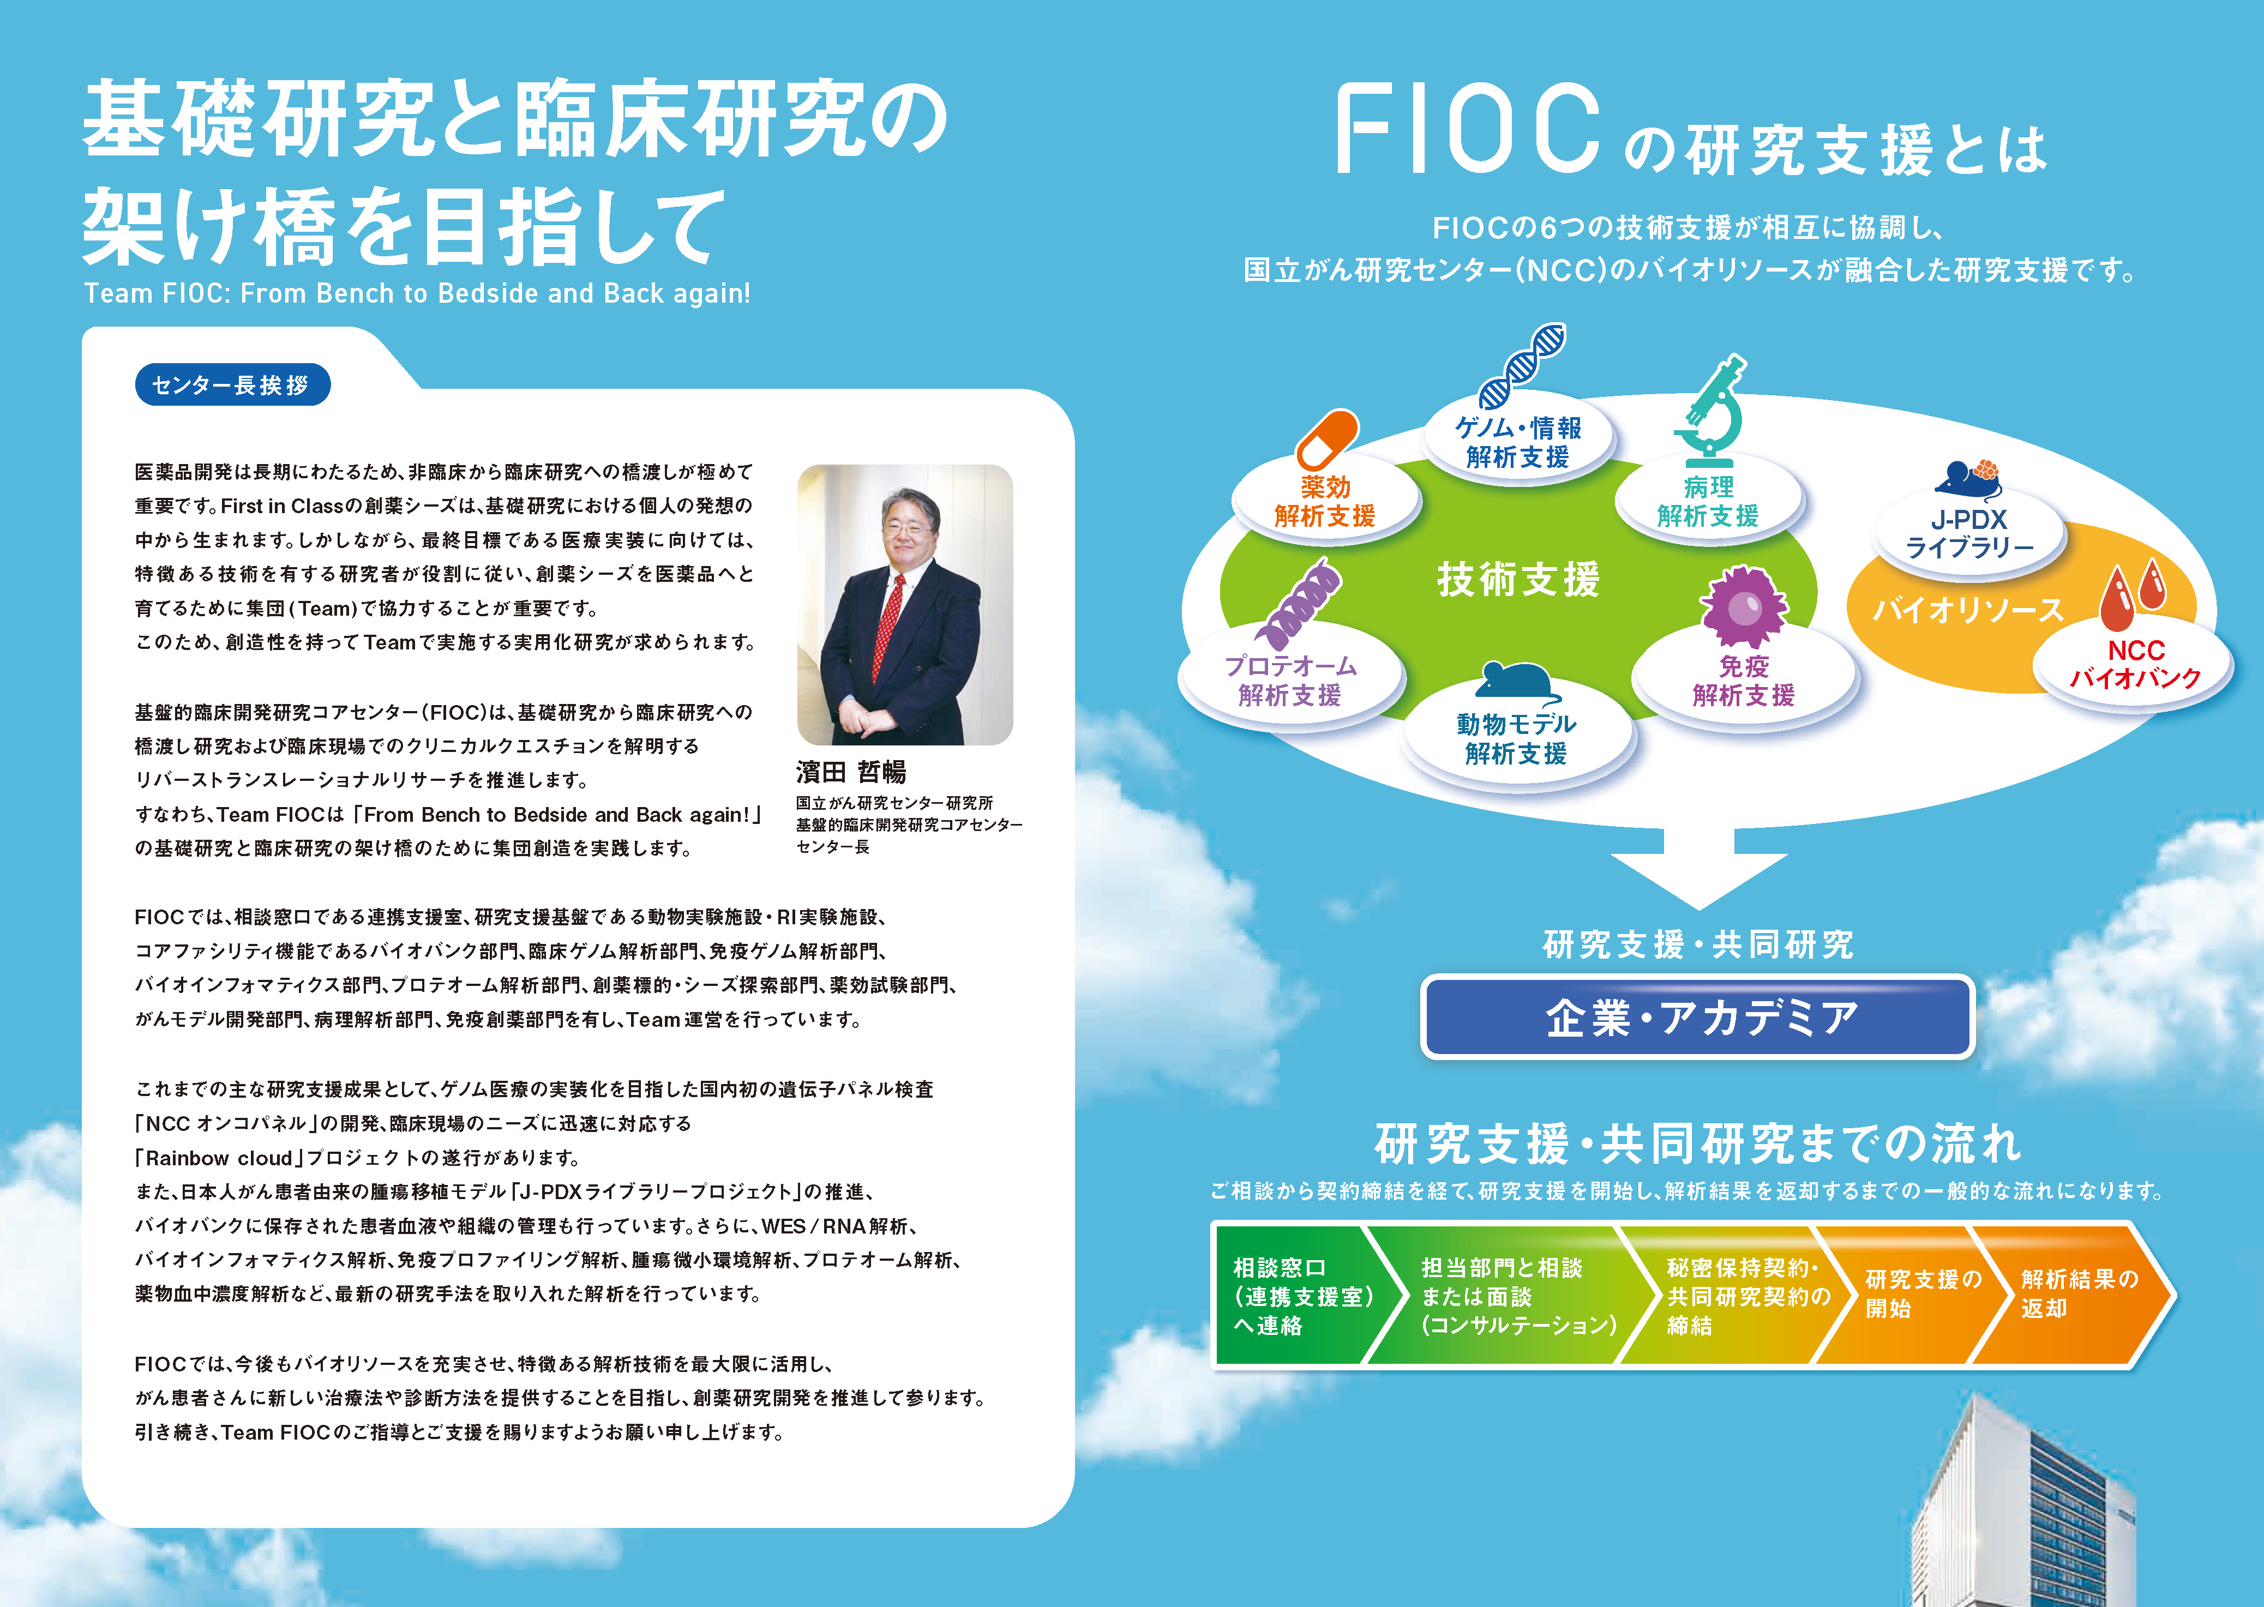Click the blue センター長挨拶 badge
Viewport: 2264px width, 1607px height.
point(232,385)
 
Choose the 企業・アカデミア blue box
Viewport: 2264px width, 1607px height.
point(1698,1017)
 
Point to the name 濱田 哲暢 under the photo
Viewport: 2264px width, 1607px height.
point(851,772)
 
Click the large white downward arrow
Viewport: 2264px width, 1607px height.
point(1699,868)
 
